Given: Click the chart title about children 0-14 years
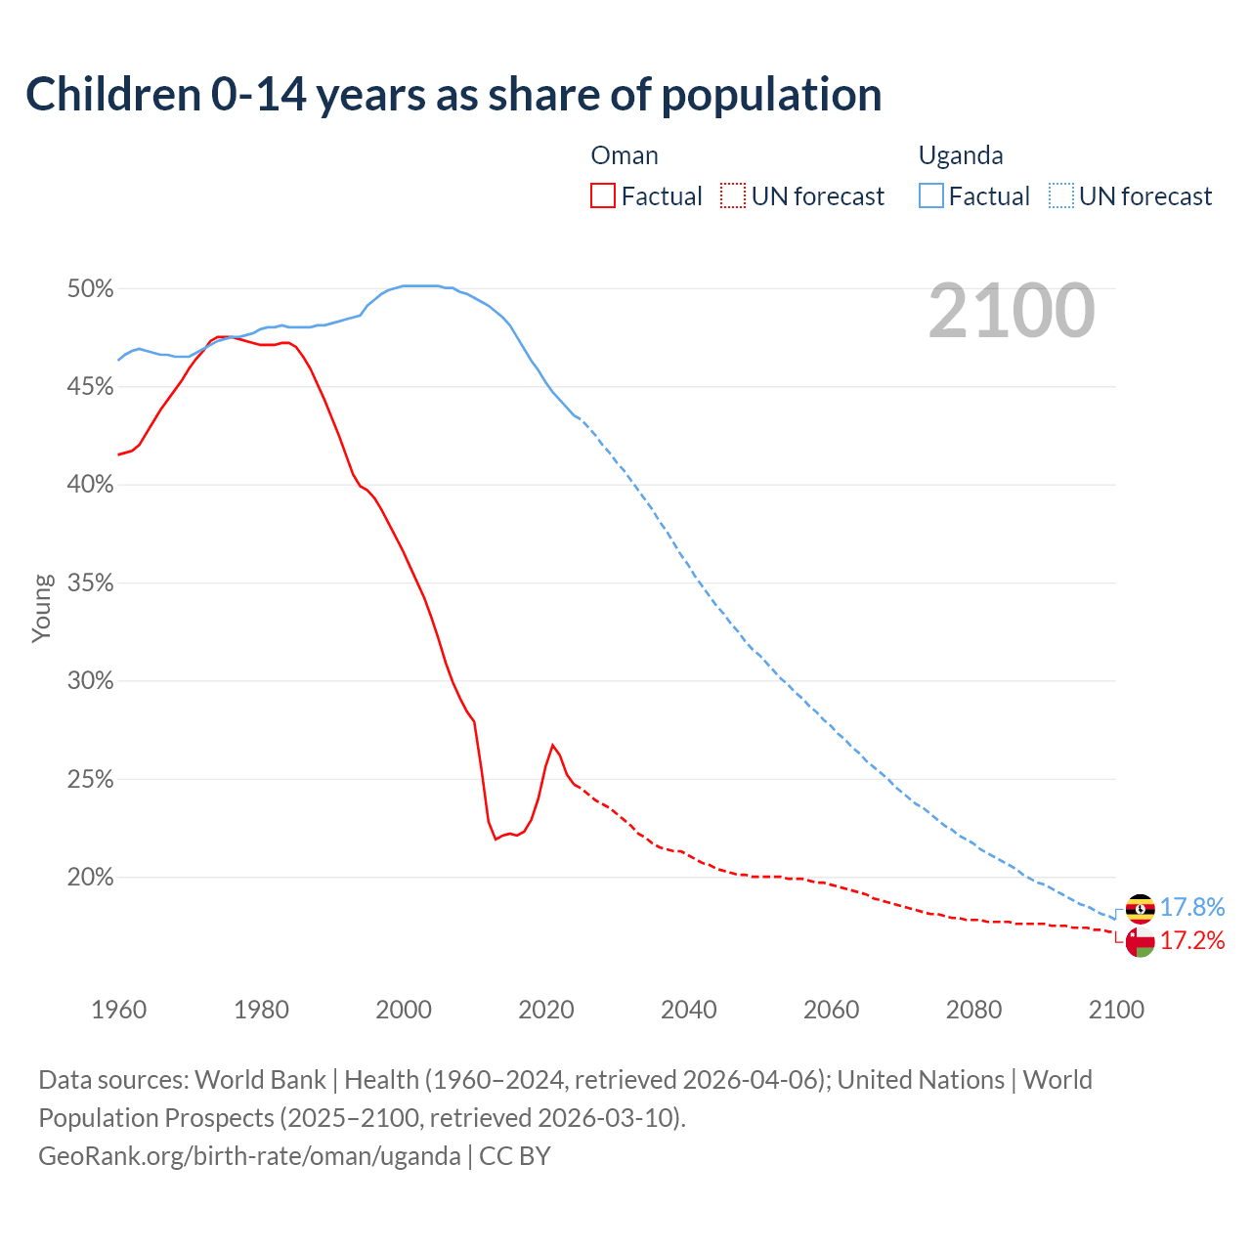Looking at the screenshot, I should (453, 95).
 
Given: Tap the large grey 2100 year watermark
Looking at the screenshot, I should (1012, 311).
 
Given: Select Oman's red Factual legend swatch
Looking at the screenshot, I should (603, 196).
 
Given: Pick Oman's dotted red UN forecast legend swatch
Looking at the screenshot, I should (733, 196).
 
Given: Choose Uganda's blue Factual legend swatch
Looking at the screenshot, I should (931, 196).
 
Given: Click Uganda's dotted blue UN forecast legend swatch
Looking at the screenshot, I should (1061, 196).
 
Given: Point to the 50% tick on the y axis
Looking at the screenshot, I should (90, 289).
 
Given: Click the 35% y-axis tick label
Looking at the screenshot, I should (90, 583).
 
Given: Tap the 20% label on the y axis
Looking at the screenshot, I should (90, 878).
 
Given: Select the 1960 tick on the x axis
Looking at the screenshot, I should (118, 1010).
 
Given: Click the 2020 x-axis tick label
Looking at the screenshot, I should (546, 1010).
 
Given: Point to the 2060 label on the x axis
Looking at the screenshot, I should (831, 1010).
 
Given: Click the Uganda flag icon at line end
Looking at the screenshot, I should (1140, 908).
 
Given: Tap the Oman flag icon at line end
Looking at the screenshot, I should (1140, 942).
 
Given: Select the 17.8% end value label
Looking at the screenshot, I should (1192, 908).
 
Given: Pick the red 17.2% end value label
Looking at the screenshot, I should (1192, 941).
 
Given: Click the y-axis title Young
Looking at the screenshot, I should (42, 608).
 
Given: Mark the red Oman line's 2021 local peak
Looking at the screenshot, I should (553, 745).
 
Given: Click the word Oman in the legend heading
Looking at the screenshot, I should (625, 155).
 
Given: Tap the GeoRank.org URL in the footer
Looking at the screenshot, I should (249, 1156).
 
